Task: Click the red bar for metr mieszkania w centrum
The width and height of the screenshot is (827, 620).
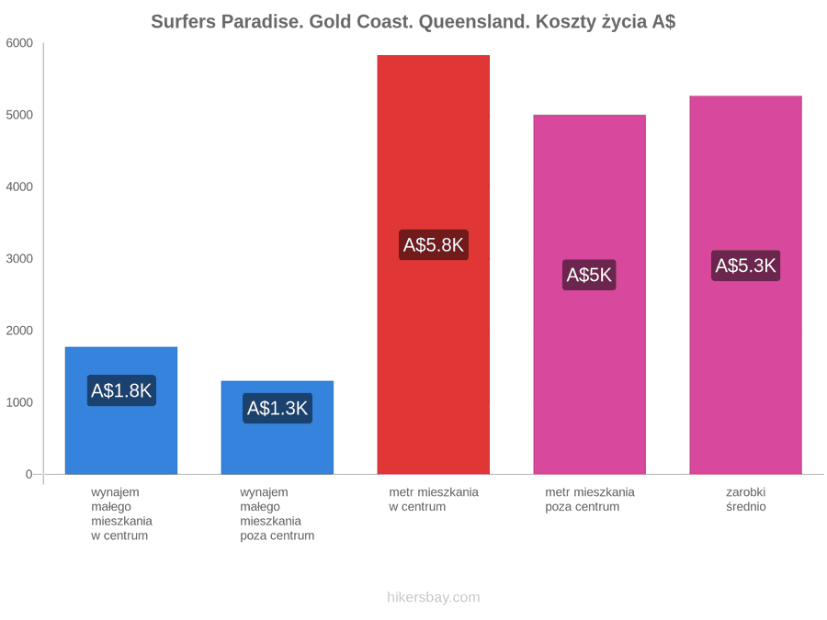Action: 433,265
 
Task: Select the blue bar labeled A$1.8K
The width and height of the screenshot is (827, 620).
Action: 120,411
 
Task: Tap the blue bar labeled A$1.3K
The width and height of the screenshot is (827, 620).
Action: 277,427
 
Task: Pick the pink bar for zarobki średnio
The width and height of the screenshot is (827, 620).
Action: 745,286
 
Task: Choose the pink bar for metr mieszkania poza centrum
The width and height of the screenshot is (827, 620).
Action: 589,295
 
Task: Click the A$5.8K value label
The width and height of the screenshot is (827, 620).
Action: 433,244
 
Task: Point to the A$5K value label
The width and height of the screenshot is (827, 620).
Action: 589,275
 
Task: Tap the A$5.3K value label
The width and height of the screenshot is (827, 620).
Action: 745,265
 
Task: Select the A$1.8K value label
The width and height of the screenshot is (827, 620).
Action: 120,390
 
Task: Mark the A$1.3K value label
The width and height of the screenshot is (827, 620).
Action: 277,408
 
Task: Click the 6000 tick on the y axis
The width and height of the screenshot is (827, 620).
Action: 19,43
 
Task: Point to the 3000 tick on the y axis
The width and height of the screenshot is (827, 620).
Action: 19,258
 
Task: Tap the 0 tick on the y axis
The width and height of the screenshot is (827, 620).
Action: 29,474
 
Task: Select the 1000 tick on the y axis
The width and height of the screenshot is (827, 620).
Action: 19,402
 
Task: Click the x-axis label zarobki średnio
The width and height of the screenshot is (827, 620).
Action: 746,500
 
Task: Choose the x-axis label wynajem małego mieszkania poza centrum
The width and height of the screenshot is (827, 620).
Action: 277,514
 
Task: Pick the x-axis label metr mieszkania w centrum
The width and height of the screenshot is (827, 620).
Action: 434,500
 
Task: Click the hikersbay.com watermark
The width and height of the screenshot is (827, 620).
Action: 434,597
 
